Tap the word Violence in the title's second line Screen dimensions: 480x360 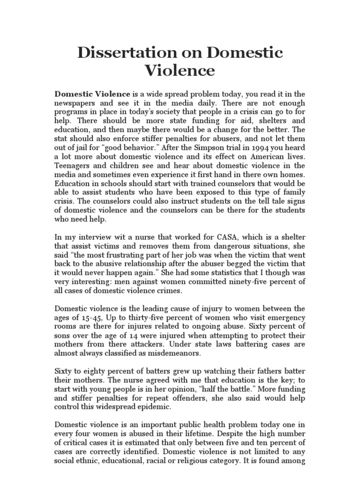tap(180, 71)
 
